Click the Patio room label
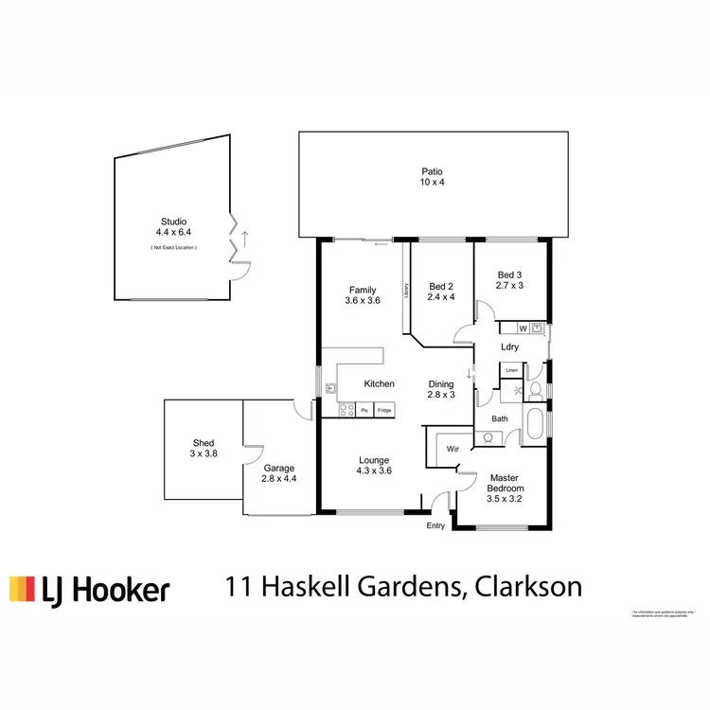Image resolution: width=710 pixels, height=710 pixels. pos(433,171)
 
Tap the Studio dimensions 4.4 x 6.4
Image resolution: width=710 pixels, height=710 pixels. pos(173,232)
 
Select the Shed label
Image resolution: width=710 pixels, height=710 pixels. pos(204,442)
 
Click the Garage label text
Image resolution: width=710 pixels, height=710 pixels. pos(279,468)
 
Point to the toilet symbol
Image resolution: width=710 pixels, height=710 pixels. pos(535,389)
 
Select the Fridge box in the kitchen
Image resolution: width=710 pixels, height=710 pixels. pos(384,410)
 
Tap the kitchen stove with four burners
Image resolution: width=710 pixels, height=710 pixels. pos(346,410)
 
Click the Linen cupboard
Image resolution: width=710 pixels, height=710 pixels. pos(511,370)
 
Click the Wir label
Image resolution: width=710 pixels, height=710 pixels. pos(453,449)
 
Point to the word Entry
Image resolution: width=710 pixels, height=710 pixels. pos(435,525)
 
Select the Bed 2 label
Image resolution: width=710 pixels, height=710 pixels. pos(442,287)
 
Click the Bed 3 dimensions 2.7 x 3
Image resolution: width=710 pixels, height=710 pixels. pos(510,285)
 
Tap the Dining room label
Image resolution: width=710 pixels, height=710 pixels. pos(442,383)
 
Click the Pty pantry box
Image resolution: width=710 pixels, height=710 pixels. pos(364,410)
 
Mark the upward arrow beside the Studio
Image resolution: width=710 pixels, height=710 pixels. pos(245,238)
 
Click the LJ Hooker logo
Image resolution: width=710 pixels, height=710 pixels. pos(90,589)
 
